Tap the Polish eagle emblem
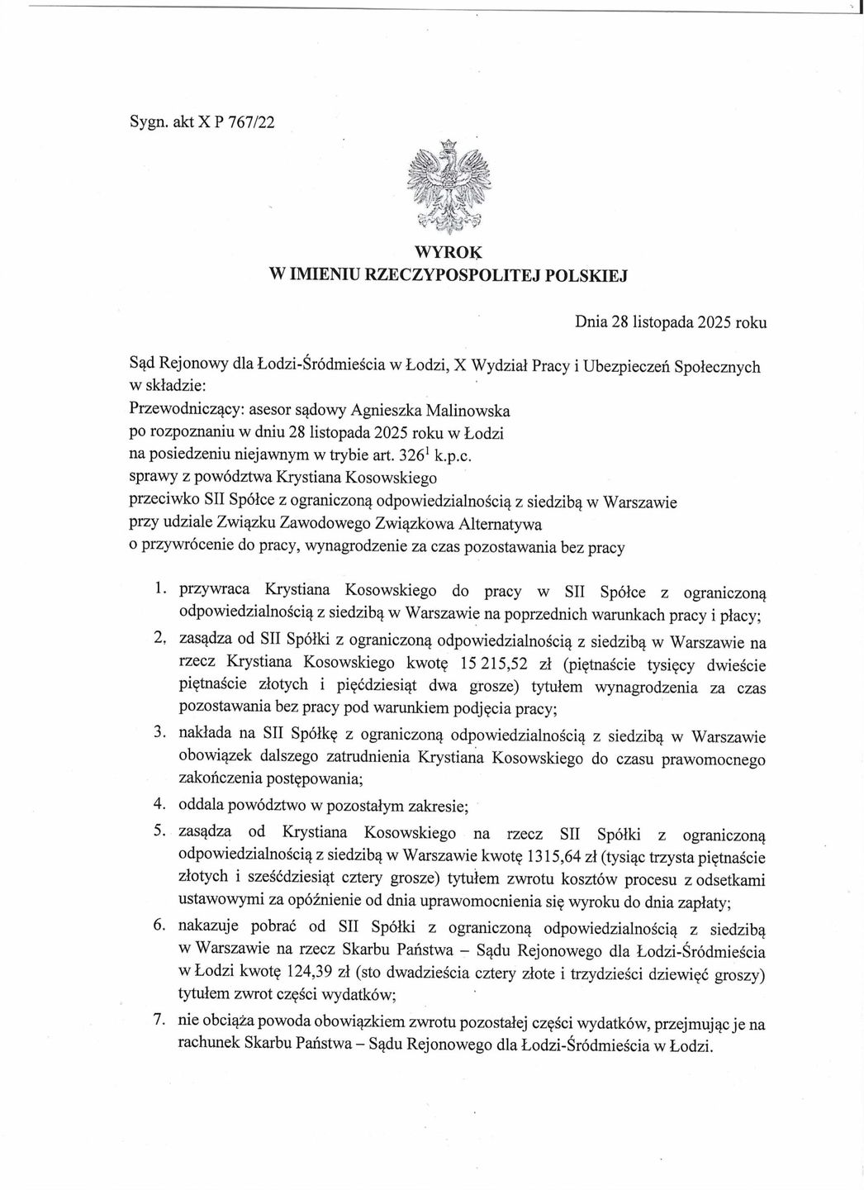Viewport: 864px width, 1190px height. (449, 187)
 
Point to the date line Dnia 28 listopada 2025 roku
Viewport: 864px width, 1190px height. (670, 322)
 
